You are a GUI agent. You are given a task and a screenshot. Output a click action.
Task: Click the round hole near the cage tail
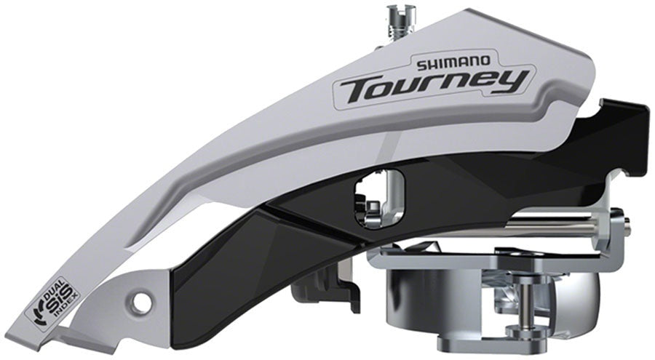[144, 300]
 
